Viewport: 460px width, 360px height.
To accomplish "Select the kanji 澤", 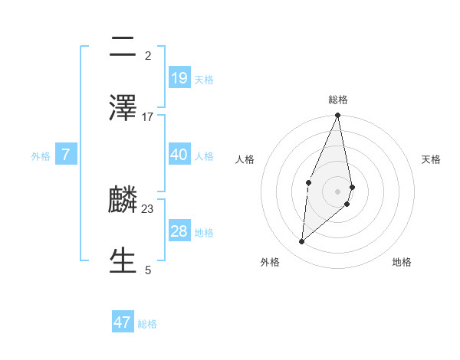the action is tap(123, 107).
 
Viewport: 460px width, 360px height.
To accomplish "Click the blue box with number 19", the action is tap(179, 77).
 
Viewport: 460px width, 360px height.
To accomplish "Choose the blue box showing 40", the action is tap(179, 154).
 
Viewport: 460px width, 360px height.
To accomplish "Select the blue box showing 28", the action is tap(179, 231).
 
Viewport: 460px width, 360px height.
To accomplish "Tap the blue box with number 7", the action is tap(66, 155).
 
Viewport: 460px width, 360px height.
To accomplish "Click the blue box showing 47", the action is tap(123, 322).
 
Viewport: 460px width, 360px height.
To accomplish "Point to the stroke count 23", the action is tap(148, 208).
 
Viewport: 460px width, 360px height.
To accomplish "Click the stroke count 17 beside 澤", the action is tap(148, 116).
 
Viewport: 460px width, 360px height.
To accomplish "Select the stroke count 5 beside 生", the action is tap(148, 270).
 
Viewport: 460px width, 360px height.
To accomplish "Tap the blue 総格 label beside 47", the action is tap(147, 324).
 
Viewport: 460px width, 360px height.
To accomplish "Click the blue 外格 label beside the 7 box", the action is tap(41, 156).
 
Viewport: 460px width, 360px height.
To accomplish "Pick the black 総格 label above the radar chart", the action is tap(338, 100).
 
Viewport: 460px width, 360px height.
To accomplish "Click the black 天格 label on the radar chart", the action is tap(432, 159).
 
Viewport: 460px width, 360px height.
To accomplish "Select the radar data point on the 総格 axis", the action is tap(338, 116).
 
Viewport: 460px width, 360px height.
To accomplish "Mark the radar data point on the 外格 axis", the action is tap(302, 242).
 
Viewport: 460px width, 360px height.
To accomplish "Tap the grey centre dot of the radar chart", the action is tap(338, 191).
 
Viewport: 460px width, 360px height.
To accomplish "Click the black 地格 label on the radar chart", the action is tap(402, 262).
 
